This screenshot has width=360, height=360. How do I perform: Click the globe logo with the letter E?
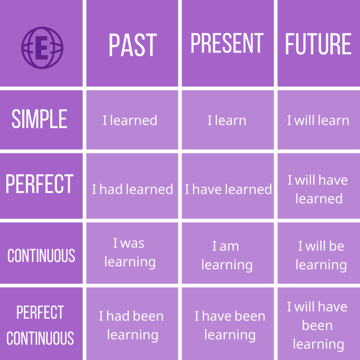pos(42,48)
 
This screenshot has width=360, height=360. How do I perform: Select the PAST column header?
pos(133,45)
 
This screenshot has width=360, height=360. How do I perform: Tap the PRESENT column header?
pos(227,43)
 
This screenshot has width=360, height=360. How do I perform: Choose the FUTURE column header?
pos(318,44)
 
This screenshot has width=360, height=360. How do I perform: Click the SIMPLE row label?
pos(39,119)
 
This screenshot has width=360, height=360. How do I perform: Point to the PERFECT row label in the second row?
pos(39,184)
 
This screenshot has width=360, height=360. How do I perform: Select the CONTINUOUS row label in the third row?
pos(41,255)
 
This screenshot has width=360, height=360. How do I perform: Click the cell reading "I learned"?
pos(130,120)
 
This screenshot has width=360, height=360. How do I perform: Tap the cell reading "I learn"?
pos(227,120)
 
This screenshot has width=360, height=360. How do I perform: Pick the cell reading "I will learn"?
pos(318,120)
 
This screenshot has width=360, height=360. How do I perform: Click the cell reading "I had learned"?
pos(133,189)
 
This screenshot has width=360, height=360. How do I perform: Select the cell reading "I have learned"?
pos(228,189)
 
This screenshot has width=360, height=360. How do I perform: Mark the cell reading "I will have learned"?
pos(318,189)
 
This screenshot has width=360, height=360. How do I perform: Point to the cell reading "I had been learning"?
pos(131,325)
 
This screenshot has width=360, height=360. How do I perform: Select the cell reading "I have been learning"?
pos(230,325)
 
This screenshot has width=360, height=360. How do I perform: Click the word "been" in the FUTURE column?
pos(317,325)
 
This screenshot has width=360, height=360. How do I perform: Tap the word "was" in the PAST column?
pos(133,243)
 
